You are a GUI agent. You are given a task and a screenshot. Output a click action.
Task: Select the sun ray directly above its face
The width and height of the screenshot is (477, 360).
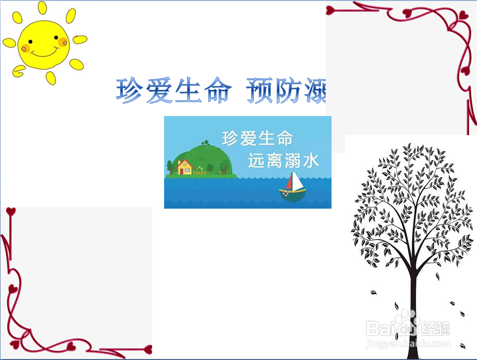(x=42, y=8)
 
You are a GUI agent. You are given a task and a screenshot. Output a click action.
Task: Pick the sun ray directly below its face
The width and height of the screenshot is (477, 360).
(x=51, y=78)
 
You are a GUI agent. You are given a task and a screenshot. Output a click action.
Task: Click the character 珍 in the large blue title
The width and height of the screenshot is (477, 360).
(x=129, y=91)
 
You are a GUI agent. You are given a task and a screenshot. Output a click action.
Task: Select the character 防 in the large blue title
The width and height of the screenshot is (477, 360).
(x=288, y=91)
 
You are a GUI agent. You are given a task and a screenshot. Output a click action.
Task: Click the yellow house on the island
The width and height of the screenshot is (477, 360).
(x=185, y=167)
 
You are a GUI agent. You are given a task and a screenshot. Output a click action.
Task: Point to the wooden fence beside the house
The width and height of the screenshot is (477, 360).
(x=200, y=172)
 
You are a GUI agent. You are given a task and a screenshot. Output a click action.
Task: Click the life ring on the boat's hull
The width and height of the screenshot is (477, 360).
(x=285, y=193)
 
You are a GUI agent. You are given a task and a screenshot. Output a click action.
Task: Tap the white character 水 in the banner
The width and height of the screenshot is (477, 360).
(x=311, y=161)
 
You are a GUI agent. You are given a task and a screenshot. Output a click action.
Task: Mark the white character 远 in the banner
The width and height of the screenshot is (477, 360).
(x=256, y=161)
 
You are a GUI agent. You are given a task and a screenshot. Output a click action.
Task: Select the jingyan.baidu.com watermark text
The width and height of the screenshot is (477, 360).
(x=408, y=343)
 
